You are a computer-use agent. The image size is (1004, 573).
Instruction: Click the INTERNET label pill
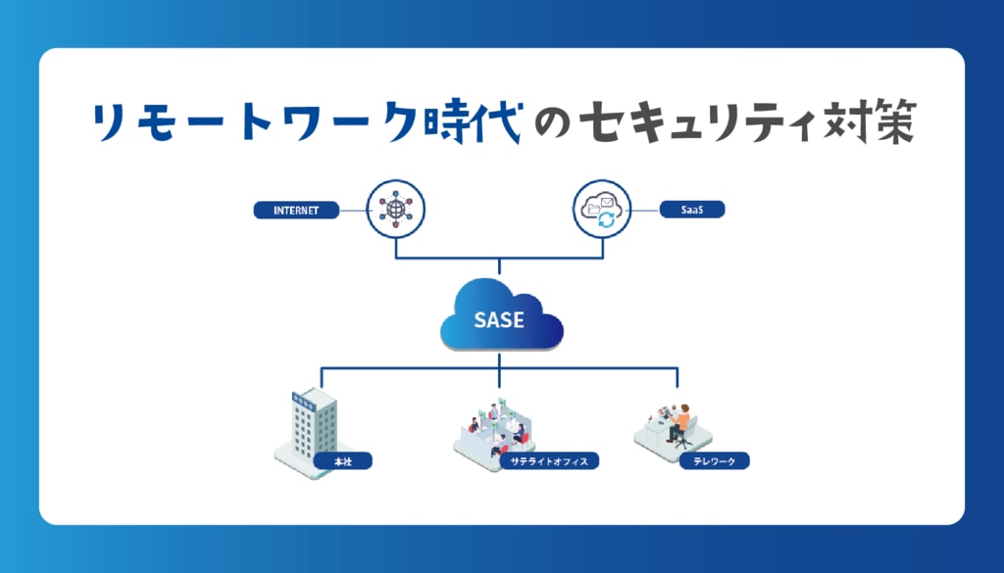(x=295, y=210)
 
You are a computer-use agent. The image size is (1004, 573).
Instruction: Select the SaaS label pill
(x=690, y=210)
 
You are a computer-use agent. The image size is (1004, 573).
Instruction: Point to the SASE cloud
(x=501, y=315)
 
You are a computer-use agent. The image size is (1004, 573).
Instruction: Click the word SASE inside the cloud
(x=500, y=320)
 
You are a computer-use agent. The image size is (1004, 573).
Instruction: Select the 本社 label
(x=343, y=459)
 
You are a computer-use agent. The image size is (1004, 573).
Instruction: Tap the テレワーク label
(x=714, y=459)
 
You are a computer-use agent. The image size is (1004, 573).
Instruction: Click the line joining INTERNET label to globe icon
(x=352, y=210)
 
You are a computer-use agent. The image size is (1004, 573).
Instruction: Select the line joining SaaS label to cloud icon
(x=641, y=210)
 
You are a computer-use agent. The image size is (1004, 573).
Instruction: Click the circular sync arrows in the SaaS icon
(x=608, y=220)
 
